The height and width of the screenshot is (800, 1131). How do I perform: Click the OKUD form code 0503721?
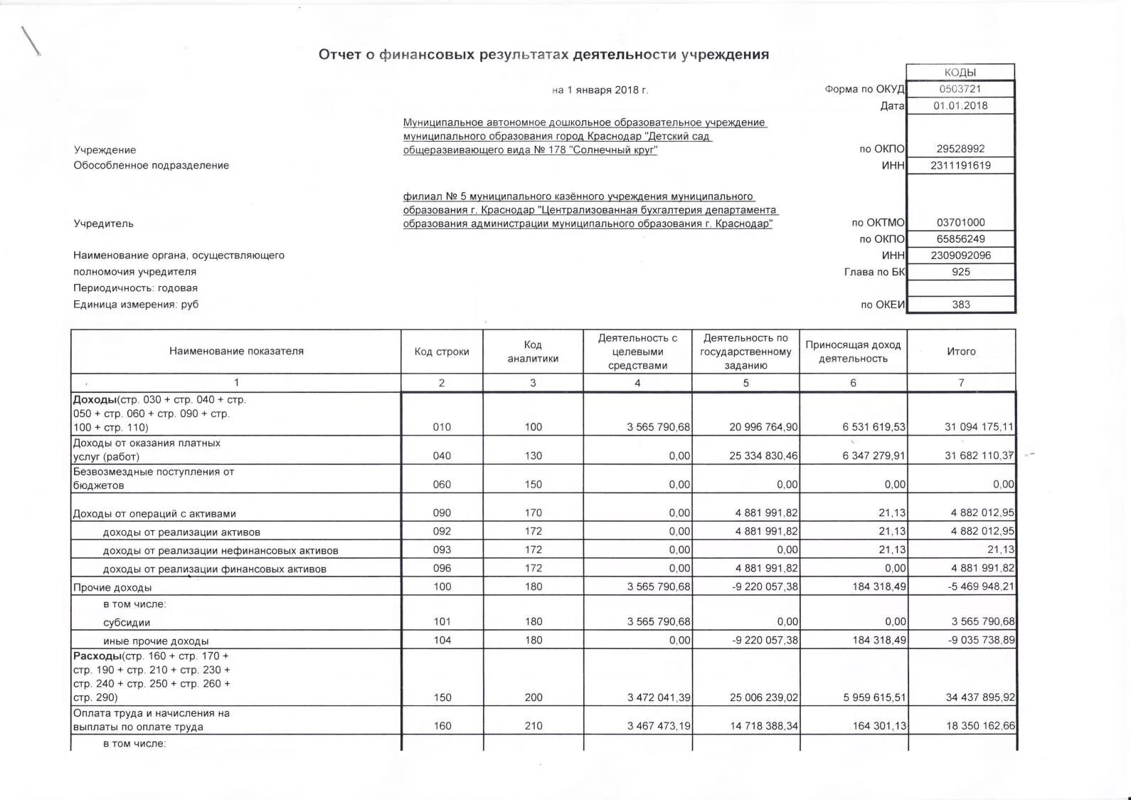[x=960, y=89]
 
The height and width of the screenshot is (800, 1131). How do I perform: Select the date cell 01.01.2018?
[x=960, y=105]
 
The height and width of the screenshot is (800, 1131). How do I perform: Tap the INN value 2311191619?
[x=960, y=165]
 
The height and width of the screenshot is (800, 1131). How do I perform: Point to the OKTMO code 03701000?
[x=960, y=222]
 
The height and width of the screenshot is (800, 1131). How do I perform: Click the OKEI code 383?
[x=960, y=304]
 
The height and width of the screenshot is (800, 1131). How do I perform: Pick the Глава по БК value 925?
[x=960, y=271]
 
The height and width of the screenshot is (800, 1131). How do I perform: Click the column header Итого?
[x=960, y=352]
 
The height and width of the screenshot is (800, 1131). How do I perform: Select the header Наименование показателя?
[x=236, y=351]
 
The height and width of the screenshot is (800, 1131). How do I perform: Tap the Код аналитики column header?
[x=533, y=352]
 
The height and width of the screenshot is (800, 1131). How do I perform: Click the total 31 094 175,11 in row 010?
[x=979, y=427]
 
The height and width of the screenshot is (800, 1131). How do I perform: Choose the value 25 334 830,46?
[x=763, y=456]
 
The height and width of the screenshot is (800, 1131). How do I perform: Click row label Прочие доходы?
[x=112, y=587]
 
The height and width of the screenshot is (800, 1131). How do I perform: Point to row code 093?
[x=442, y=549]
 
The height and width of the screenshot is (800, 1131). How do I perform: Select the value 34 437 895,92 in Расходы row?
[x=980, y=698]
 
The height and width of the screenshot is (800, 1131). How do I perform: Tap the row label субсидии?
[x=127, y=622]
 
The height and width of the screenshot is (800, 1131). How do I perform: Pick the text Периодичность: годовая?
[x=135, y=288]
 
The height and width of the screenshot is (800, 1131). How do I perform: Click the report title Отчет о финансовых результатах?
[x=543, y=55]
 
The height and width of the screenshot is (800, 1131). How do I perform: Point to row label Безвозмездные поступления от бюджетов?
[x=153, y=478]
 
